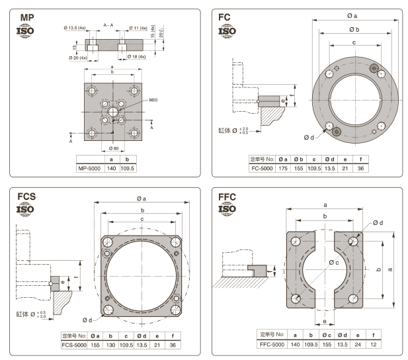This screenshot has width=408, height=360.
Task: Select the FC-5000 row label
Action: click(261, 168)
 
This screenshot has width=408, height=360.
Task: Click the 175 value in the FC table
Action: click(282, 168)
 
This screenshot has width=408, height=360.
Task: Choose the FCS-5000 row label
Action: click(73, 344)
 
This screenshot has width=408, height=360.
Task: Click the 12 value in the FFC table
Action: click(374, 344)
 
